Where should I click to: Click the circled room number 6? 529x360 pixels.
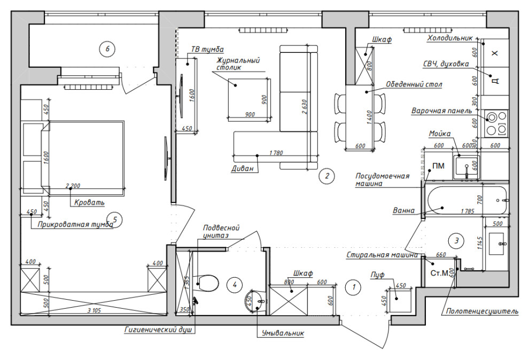tap(107, 49)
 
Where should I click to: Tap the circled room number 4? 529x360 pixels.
tap(234, 285)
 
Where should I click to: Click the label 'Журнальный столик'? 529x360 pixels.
tap(238, 64)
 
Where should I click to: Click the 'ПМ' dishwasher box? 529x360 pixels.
tap(438, 166)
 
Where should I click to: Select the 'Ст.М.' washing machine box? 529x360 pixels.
tap(439, 273)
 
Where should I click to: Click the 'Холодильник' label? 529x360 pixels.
tap(450, 38)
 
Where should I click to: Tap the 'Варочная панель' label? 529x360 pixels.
tap(441, 111)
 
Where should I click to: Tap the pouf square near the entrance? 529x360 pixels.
tap(399, 298)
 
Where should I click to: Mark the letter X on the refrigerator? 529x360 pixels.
tap(494, 53)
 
